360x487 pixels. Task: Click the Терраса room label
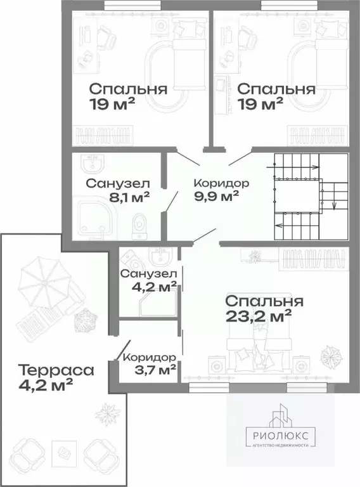coord(56,369)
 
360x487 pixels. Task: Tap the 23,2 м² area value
coord(258,315)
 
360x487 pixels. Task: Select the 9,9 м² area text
coord(217,196)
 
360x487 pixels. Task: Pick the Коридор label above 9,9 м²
coord(221,183)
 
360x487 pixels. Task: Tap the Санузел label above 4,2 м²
coord(149,274)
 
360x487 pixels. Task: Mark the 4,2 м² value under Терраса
coord(46,384)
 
